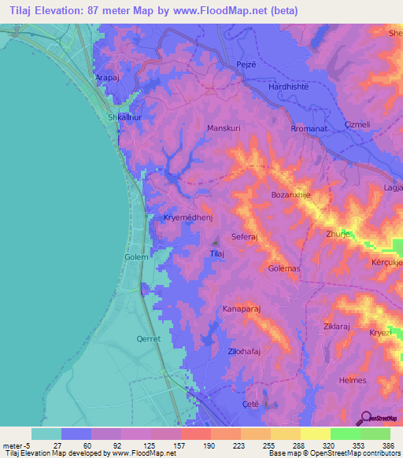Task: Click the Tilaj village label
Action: tap(218, 254)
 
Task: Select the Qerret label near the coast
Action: tap(149, 338)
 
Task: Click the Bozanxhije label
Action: tap(291, 194)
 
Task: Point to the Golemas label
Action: tap(285, 269)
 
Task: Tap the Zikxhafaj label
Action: tap(243, 352)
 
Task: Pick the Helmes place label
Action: tap(352, 380)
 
